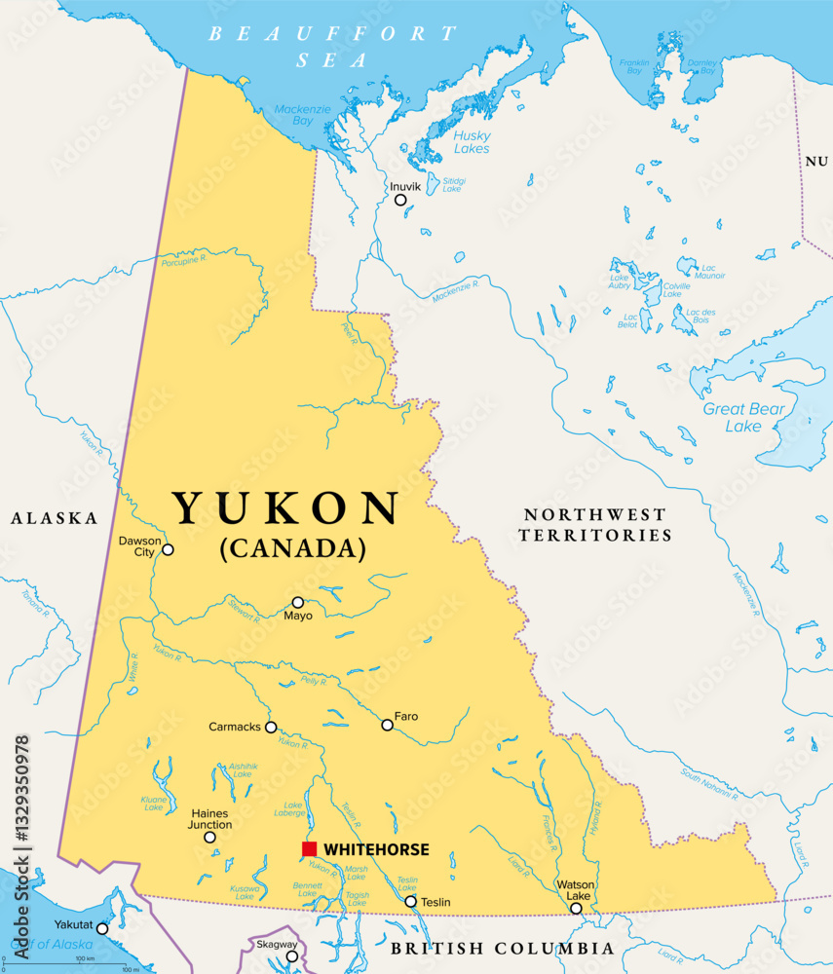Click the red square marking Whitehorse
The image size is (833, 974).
pos(310,849)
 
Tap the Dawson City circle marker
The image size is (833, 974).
pos(168,549)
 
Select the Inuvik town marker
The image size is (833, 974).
pos(400,200)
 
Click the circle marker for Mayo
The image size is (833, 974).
pos(298,602)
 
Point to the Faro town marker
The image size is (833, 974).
pos(388,725)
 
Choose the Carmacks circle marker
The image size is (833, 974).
pos(271,727)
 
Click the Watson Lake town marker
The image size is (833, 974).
pos(576,909)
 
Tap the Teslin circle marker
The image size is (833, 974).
pos(411,902)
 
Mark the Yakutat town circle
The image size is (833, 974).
pos(102,928)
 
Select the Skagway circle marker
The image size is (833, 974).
pos(291,955)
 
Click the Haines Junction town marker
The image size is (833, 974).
pos(209,837)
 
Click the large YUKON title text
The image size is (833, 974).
pos(286,509)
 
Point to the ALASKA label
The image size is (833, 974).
pos(55,518)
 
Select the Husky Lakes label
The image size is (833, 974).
pos(472,142)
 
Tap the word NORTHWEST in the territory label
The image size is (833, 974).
pos(594,513)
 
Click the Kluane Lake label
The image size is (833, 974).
pos(154,802)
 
